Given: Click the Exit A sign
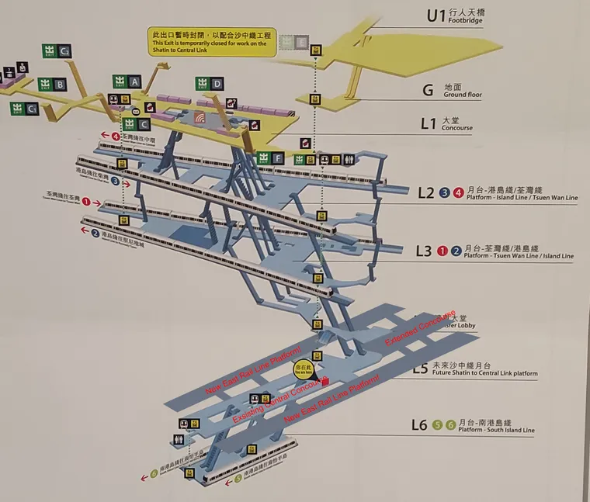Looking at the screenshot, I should click(x=127, y=81).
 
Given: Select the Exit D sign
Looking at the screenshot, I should click(x=210, y=84).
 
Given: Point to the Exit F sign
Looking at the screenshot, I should click(x=271, y=159).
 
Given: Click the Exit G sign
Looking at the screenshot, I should click(x=57, y=51).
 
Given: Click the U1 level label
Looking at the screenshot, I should click(x=437, y=16).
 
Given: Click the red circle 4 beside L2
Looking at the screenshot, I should click(x=458, y=192).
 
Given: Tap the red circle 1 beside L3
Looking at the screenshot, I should click(x=442, y=250).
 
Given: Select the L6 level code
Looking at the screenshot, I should click(x=419, y=424).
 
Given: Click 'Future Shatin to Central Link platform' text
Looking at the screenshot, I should click(x=484, y=374).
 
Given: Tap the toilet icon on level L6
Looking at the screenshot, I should click(x=181, y=438).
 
